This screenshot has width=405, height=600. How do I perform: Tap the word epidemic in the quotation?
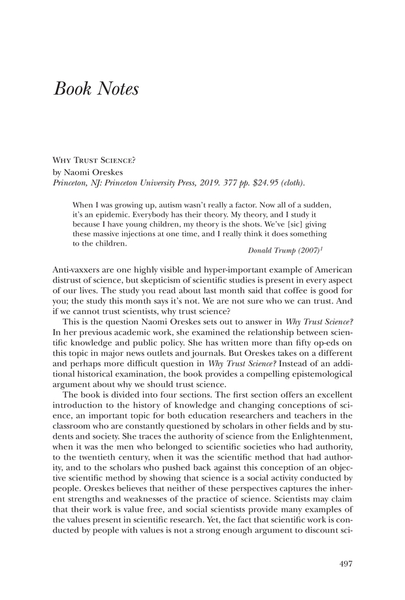click(x=108, y=213)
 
